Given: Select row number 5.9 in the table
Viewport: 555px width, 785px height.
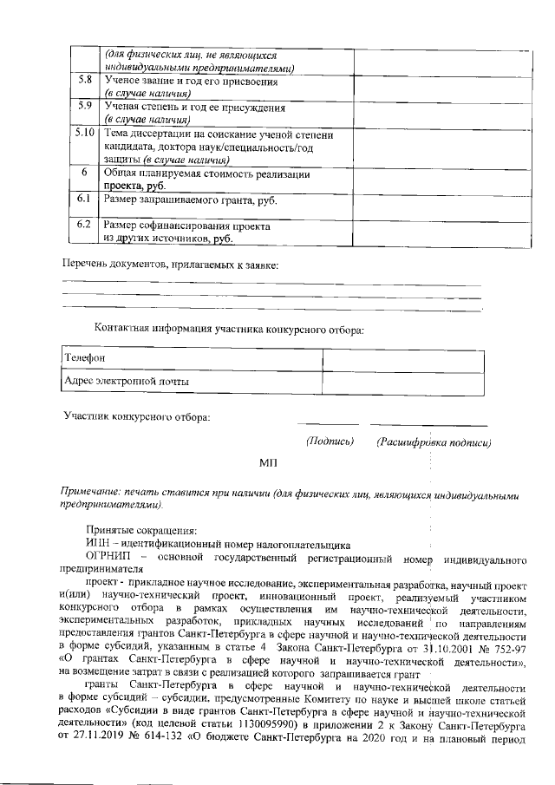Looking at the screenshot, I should [x=84, y=108].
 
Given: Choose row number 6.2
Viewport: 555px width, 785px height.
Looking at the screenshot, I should [x=84, y=226].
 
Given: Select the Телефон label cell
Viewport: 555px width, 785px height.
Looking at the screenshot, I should [x=191, y=358].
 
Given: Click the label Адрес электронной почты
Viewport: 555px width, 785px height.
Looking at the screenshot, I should [x=127, y=382].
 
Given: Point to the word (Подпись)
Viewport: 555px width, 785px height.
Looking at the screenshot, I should [x=330, y=442].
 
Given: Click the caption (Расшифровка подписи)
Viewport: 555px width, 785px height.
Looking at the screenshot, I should [x=434, y=442].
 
